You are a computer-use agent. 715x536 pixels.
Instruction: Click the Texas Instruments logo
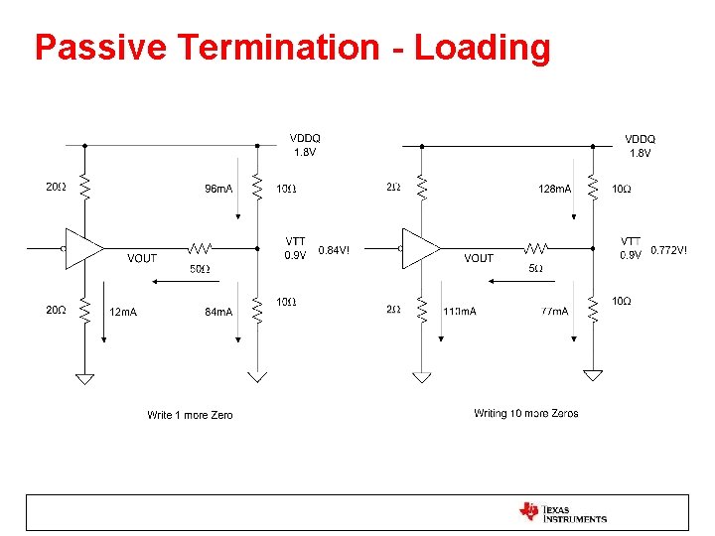point(563,512)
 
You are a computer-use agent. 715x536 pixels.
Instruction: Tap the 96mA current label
point(218,189)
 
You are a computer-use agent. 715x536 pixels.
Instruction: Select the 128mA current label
point(554,189)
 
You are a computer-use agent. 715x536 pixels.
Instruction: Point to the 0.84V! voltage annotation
point(333,250)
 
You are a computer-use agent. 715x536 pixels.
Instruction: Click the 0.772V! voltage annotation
point(668,250)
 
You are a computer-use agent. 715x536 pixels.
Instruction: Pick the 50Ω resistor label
point(200,269)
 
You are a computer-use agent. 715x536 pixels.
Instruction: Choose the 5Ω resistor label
point(535,269)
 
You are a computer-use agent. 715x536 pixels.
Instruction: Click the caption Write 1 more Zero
point(190,415)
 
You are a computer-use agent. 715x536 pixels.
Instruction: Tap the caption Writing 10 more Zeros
point(526,413)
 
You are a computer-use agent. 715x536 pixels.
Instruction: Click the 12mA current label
point(123,312)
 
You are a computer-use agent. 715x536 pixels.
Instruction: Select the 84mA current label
point(218,312)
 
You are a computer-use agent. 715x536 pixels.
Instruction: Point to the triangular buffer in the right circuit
point(420,248)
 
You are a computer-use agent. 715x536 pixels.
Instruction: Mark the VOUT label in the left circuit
point(142,258)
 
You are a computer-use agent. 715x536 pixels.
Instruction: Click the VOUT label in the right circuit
point(479,258)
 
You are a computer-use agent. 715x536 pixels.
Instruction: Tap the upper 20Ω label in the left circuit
point(56,187)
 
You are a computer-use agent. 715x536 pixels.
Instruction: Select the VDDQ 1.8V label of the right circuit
point(640,146)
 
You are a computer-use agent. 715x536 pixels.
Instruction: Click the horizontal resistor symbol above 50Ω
point(201,248)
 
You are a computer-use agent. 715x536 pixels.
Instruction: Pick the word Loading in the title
point(482,48)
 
